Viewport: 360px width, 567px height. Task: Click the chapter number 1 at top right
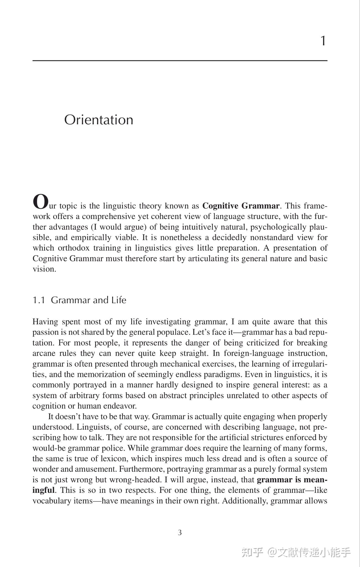323,41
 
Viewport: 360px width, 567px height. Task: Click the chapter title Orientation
99,120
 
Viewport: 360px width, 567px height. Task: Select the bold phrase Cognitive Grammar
241,206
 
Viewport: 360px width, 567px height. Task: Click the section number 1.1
39,300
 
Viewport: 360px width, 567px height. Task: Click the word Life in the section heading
119,300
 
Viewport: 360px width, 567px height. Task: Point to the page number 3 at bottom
180,532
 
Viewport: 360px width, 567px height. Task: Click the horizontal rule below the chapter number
180,60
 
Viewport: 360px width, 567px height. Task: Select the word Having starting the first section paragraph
45,322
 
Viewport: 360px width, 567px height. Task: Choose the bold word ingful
43,490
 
